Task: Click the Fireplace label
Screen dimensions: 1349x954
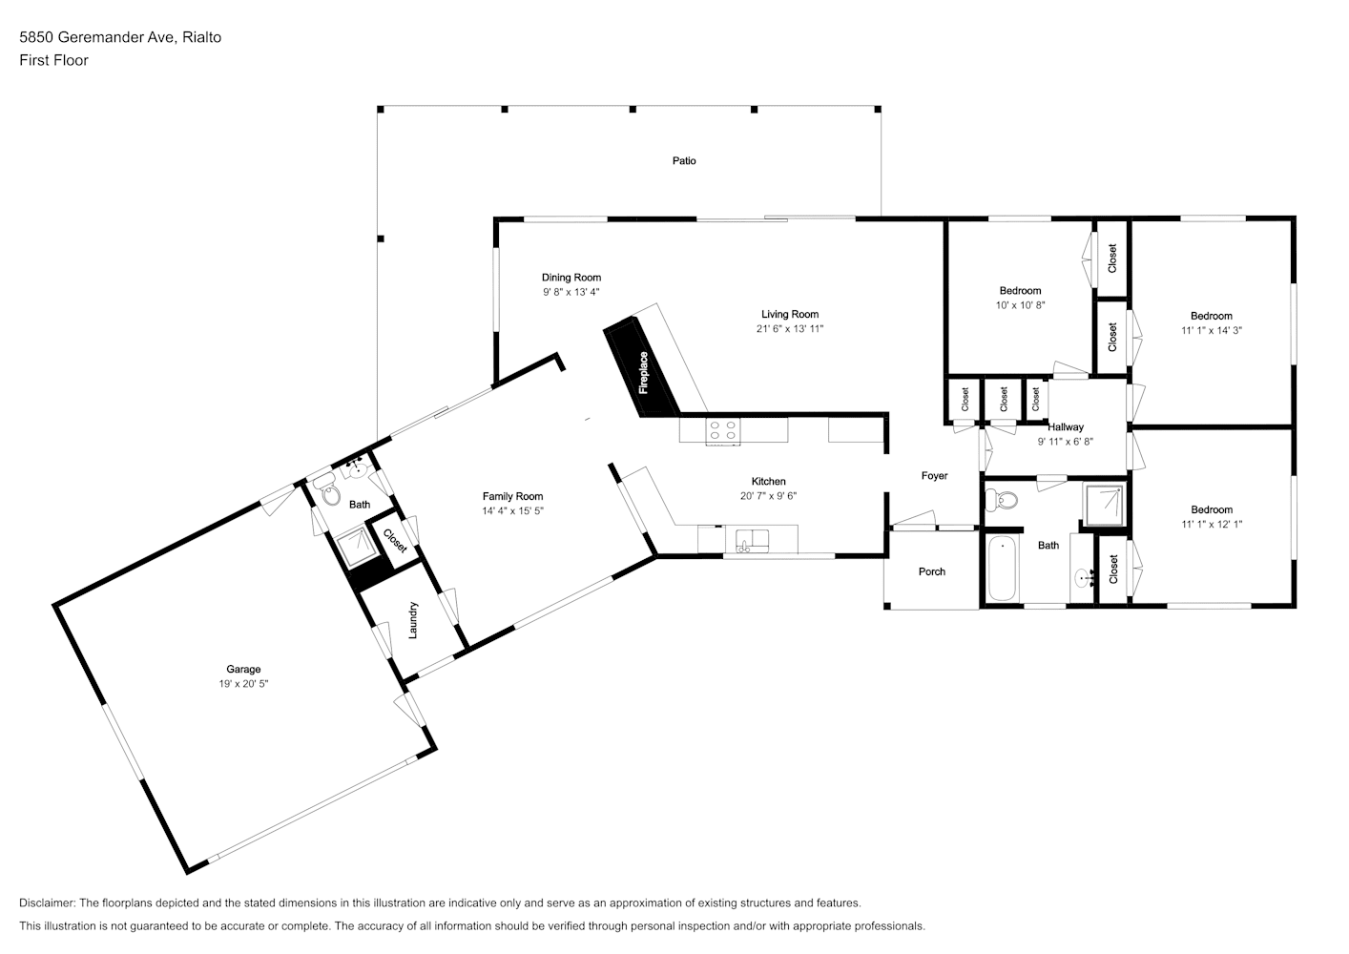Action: point(644,373)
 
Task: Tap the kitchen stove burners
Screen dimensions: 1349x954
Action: point(723,430)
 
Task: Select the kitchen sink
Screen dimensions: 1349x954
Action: point(753,540)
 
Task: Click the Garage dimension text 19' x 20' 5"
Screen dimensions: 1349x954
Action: point(243,684)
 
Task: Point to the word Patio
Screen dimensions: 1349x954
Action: point(684,161)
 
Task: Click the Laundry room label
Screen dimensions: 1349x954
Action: point(412,620)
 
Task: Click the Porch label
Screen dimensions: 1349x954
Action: point(932,571)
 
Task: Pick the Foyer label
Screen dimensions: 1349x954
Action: point(935,476)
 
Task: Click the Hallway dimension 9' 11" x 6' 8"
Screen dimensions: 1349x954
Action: point(1066,442)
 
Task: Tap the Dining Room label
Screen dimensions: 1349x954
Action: point(571,278)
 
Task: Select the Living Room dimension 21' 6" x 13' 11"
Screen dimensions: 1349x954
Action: point(790,329)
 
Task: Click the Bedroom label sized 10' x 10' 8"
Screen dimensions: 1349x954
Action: point(1020,291)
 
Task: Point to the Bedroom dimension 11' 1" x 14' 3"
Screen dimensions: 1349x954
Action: point(1212,331)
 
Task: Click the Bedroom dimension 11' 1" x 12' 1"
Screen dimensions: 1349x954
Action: point(1212,525)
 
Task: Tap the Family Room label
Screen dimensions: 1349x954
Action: point(512,496)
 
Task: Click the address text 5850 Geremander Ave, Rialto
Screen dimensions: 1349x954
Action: point(120,37)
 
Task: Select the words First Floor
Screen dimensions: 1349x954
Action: point(53,60)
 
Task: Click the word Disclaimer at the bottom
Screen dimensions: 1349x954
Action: point(48,902)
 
